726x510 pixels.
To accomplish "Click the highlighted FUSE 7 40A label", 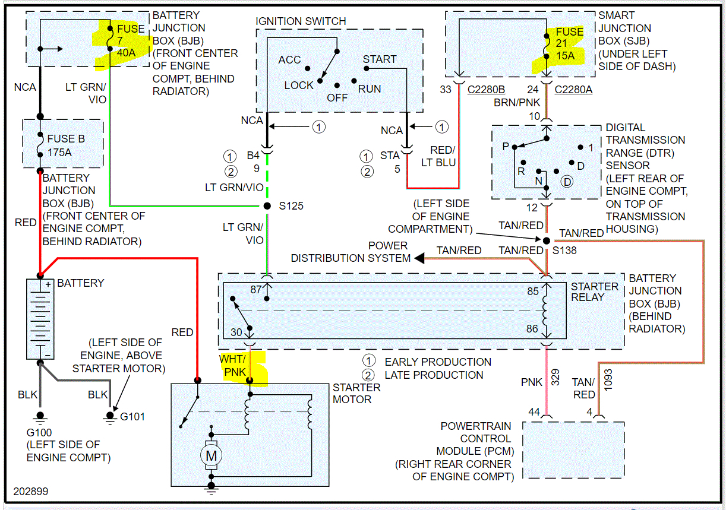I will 126,40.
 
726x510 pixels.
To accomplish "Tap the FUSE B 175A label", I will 66,145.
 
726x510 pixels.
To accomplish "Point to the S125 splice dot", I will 267,206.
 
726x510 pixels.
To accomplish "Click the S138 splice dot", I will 545,240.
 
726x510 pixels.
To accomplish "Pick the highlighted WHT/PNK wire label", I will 234,366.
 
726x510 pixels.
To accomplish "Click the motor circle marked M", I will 212,455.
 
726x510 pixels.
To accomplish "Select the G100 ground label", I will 39,432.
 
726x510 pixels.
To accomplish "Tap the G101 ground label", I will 132,417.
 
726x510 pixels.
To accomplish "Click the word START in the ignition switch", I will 380,59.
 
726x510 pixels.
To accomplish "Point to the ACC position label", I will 289,60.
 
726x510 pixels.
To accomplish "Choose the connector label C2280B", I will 487,90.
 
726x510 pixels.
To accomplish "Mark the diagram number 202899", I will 31,492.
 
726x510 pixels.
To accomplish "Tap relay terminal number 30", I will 236,332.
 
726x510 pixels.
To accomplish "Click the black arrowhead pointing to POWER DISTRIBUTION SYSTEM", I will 419,258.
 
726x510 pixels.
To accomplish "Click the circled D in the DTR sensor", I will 567,182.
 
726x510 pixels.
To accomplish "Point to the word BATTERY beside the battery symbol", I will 81,283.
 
